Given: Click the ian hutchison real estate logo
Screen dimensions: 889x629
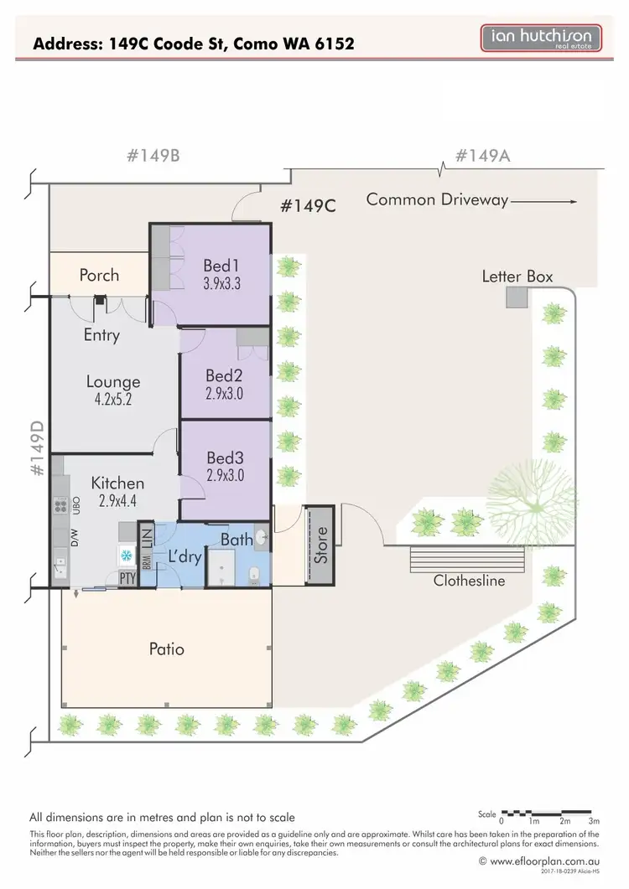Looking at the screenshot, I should [x=540, y=38].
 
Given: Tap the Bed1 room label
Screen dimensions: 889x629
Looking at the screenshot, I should [x=221, y=266].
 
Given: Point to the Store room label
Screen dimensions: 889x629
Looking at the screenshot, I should [x=319, y=544].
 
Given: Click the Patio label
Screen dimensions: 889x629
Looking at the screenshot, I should [x=166, y=649].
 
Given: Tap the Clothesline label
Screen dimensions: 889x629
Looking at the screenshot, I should [x=469, y=580].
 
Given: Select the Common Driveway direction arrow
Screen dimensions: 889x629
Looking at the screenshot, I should [x=543, y=201].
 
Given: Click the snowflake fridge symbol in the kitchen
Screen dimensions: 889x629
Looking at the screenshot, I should [x=126, y=555].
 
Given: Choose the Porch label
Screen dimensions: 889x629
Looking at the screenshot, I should [x=99, y=275].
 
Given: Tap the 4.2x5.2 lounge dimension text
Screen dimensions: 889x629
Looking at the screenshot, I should [x=112, y=400].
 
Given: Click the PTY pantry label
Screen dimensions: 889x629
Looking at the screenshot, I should [x=127, y=577].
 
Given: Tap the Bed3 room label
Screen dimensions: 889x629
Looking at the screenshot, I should [x=225, y=458].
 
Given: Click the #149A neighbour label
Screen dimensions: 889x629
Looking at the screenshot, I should [x=483, y=156].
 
